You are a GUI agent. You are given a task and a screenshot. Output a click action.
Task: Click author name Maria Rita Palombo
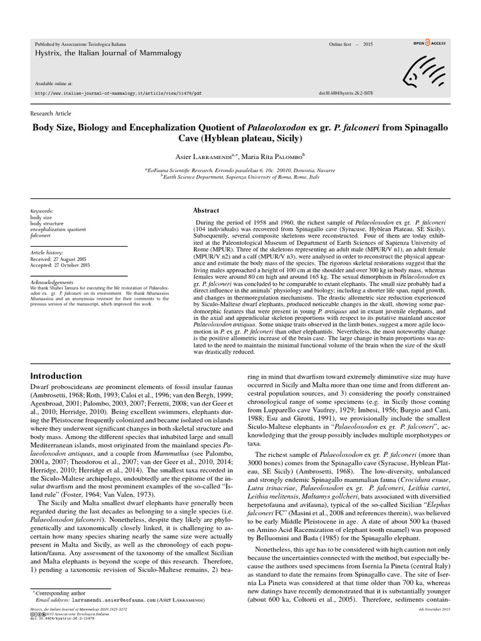coord(273,155)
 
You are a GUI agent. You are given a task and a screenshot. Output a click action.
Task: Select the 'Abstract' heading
coord(206,211)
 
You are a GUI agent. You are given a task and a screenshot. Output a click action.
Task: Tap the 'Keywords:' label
coord(42,212)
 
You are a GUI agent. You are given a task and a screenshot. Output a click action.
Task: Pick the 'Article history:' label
coord(48,252)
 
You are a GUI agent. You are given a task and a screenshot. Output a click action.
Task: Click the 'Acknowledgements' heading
coord(52,282)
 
